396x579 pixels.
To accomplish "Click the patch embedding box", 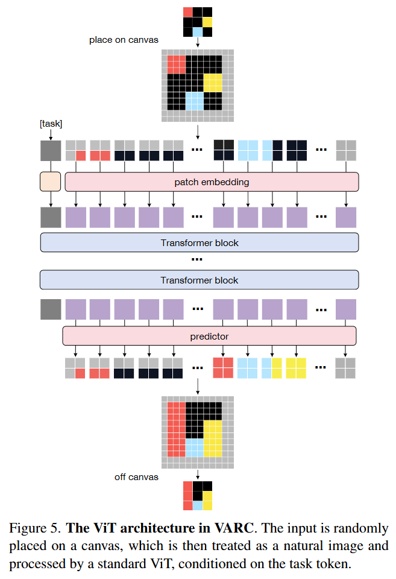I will [212, 182].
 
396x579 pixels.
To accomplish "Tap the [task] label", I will [51, 124].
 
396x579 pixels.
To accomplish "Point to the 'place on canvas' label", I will [124, 40].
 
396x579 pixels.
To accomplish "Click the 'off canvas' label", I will [136, 477].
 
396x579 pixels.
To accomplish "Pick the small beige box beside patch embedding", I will [51, 182].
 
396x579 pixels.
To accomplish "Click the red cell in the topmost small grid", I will [188, 12].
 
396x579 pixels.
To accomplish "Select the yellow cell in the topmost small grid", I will [207, 22].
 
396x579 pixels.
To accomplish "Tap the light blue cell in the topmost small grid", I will [198, 31].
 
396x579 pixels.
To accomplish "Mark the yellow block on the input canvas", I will [212, 81].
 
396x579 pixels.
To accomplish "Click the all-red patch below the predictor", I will [223, 368].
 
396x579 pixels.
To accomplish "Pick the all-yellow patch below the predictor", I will [296, 368].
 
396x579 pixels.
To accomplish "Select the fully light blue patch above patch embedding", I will [248, 150].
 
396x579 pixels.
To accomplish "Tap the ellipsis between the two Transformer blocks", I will [197, 259].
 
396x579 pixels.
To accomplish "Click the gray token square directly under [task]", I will [51, 150].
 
